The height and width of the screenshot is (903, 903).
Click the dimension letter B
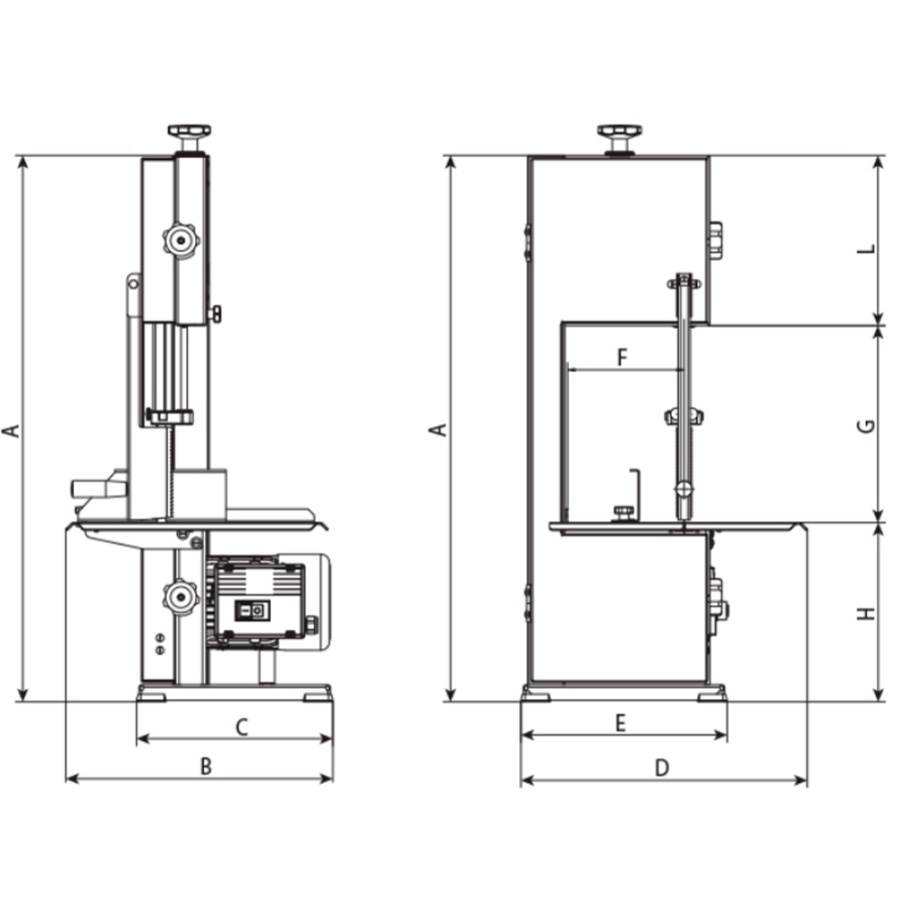pos(206,767)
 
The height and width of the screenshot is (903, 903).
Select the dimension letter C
pos(241,727)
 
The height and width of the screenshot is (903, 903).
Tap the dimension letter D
pos(662,768)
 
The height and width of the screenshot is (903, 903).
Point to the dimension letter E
pos(620,722)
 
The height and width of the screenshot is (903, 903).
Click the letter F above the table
pos(621,357)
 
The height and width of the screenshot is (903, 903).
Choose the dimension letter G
pos(866,425)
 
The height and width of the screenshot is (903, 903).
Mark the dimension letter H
pos(867,614)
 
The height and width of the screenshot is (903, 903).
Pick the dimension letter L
pos(866,250)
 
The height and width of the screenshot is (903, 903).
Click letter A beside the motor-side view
pos(11,429)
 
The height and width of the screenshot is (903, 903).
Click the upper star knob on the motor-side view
pos(180,240)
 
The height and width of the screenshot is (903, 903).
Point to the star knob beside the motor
pos(180,596)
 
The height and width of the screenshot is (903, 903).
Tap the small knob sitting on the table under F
pos(623,513)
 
